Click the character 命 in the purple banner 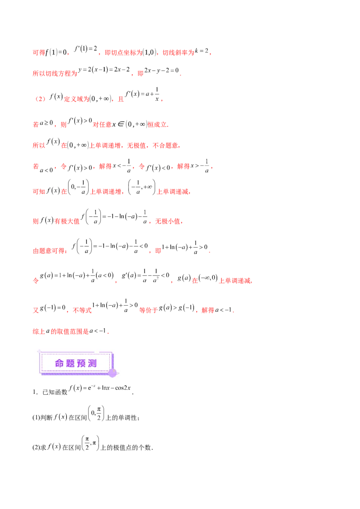(x=59, y=363)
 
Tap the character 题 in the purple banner (x=70, y=363)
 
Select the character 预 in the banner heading (x=81, y=363)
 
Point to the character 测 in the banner (x=92, y=363)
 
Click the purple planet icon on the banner (x=112, y=372)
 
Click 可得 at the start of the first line (x=39, y=53)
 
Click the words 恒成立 (x=158, y=125)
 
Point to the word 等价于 (x=148, y=310)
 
